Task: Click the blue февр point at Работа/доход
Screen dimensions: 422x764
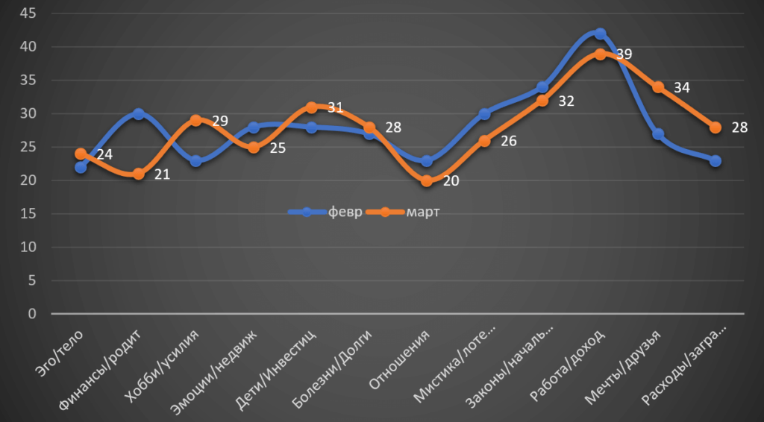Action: (x=600, y=34)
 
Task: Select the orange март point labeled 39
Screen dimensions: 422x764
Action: (x=600, y=54)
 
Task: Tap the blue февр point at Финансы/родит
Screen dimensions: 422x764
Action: (x=138, y=114)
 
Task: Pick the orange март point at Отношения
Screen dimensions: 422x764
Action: (x=426, y=180)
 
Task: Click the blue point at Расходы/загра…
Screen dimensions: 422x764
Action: (x=716, y=160)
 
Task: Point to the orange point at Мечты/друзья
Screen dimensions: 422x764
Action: (x=657, y=87)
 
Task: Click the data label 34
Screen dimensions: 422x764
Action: (x=681, y=87)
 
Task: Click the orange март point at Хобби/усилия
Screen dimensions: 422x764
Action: (x=195, y=121)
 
